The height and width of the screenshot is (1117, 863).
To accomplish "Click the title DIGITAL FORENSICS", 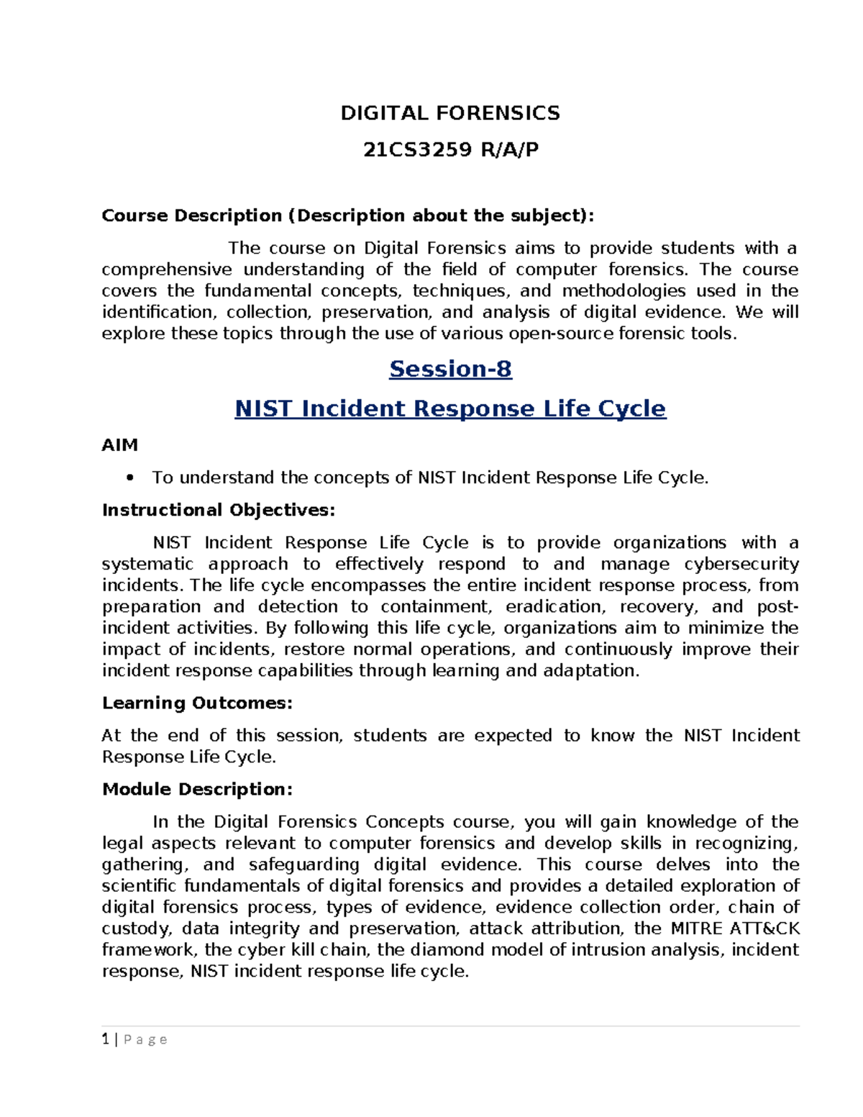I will point(450,113).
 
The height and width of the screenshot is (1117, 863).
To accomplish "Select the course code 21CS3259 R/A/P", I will point(450,150).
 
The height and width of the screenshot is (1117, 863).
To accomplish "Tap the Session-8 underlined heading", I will point(450,369).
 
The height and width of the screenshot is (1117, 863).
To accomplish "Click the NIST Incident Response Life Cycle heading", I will point(450,409).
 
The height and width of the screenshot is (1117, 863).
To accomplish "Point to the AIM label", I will point(120,445).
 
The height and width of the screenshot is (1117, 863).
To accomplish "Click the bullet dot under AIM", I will point(130,478).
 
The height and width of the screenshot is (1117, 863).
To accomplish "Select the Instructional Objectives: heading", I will point(219,510).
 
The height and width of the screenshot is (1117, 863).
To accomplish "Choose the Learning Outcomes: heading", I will point(197,703).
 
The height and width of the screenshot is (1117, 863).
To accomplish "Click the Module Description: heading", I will point(197,789).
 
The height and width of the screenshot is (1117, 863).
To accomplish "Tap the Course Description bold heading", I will point(348,216).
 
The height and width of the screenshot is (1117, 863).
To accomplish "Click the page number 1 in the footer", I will point(106,1039).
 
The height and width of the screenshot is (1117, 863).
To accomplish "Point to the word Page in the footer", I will point(145,1040).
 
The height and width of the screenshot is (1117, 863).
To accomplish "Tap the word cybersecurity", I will point(741,564).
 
